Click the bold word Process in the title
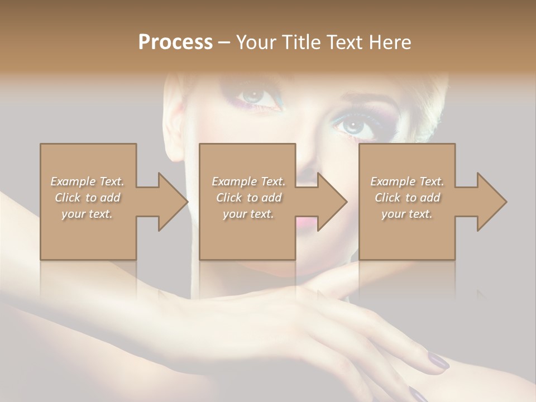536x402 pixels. (175, 42)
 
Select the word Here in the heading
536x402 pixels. (390, 42)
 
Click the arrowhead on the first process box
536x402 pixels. (172, 202)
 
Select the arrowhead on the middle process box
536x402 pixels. (331, 202)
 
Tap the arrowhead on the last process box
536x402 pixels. (491, 202)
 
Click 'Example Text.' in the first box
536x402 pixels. (87, 181)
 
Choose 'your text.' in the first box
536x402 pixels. (87, 214)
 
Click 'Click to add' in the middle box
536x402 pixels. (248, 198)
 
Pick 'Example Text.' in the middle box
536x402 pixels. (248, 181)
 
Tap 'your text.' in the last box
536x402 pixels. (407, 214)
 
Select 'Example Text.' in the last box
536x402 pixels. (407, 181)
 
